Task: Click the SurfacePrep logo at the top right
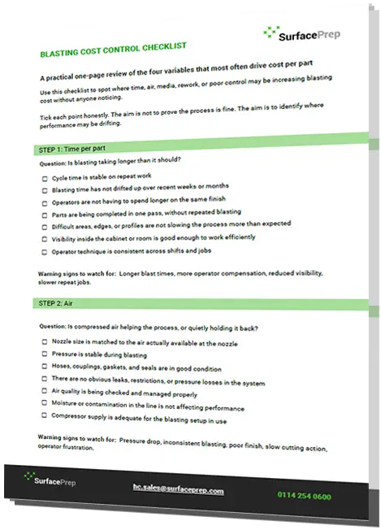pyautogui.click(x=301, y=33)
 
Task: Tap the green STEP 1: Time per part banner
pyautogui.click(x=76, y=150)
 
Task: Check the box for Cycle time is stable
pyautogui.click(x=44, y=177)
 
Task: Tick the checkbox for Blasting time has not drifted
pyautogui.click(x=44, y=189)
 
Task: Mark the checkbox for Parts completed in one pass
pyautogui.click(x=44, y=215)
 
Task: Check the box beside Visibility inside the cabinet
pyautogui.click(x=44, y=239)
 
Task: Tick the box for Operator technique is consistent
pyautogui.click(x=44, y=252)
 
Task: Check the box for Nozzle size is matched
pyautogui.click(x=44, y=342)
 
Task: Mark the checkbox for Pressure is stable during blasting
pyautogui.click(x=44, y=355)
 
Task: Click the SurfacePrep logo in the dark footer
pyautogui.click(x=53, y=479)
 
